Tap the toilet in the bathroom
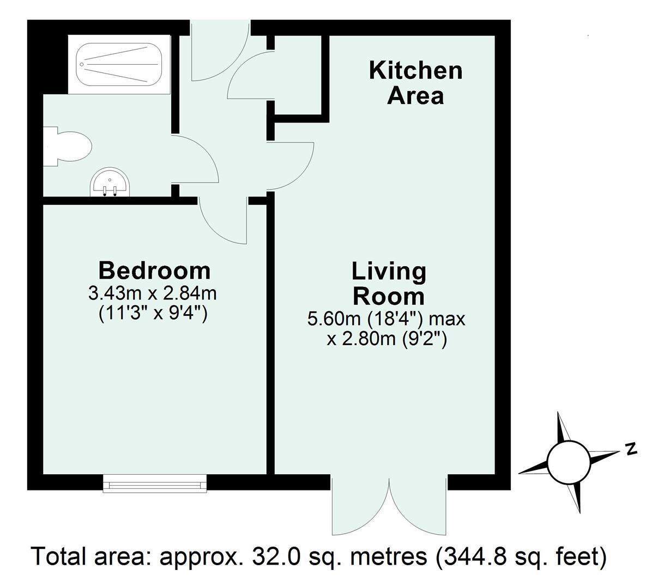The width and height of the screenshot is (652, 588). click(68, 146)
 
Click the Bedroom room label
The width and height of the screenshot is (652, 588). click(155, 271)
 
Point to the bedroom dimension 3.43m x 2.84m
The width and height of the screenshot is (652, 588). click(153, 293)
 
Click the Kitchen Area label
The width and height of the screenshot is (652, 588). click(415, 83)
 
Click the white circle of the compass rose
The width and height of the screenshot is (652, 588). click(569, 463)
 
